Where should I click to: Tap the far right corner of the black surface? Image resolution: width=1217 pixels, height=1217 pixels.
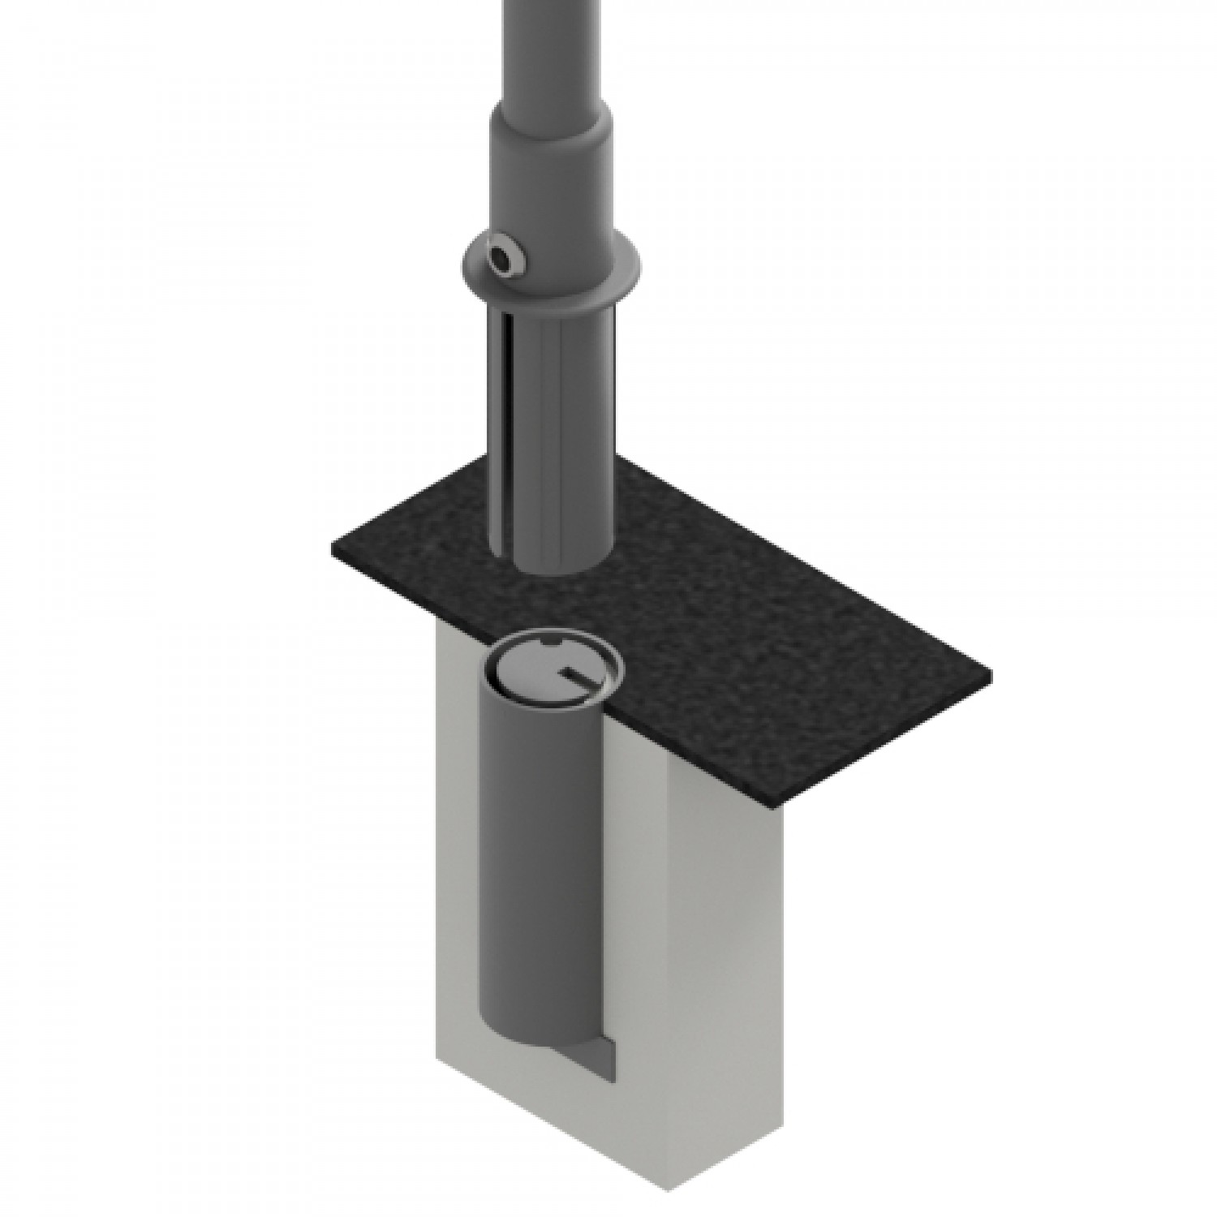990,673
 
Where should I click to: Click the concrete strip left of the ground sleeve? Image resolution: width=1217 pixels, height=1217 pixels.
458,892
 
